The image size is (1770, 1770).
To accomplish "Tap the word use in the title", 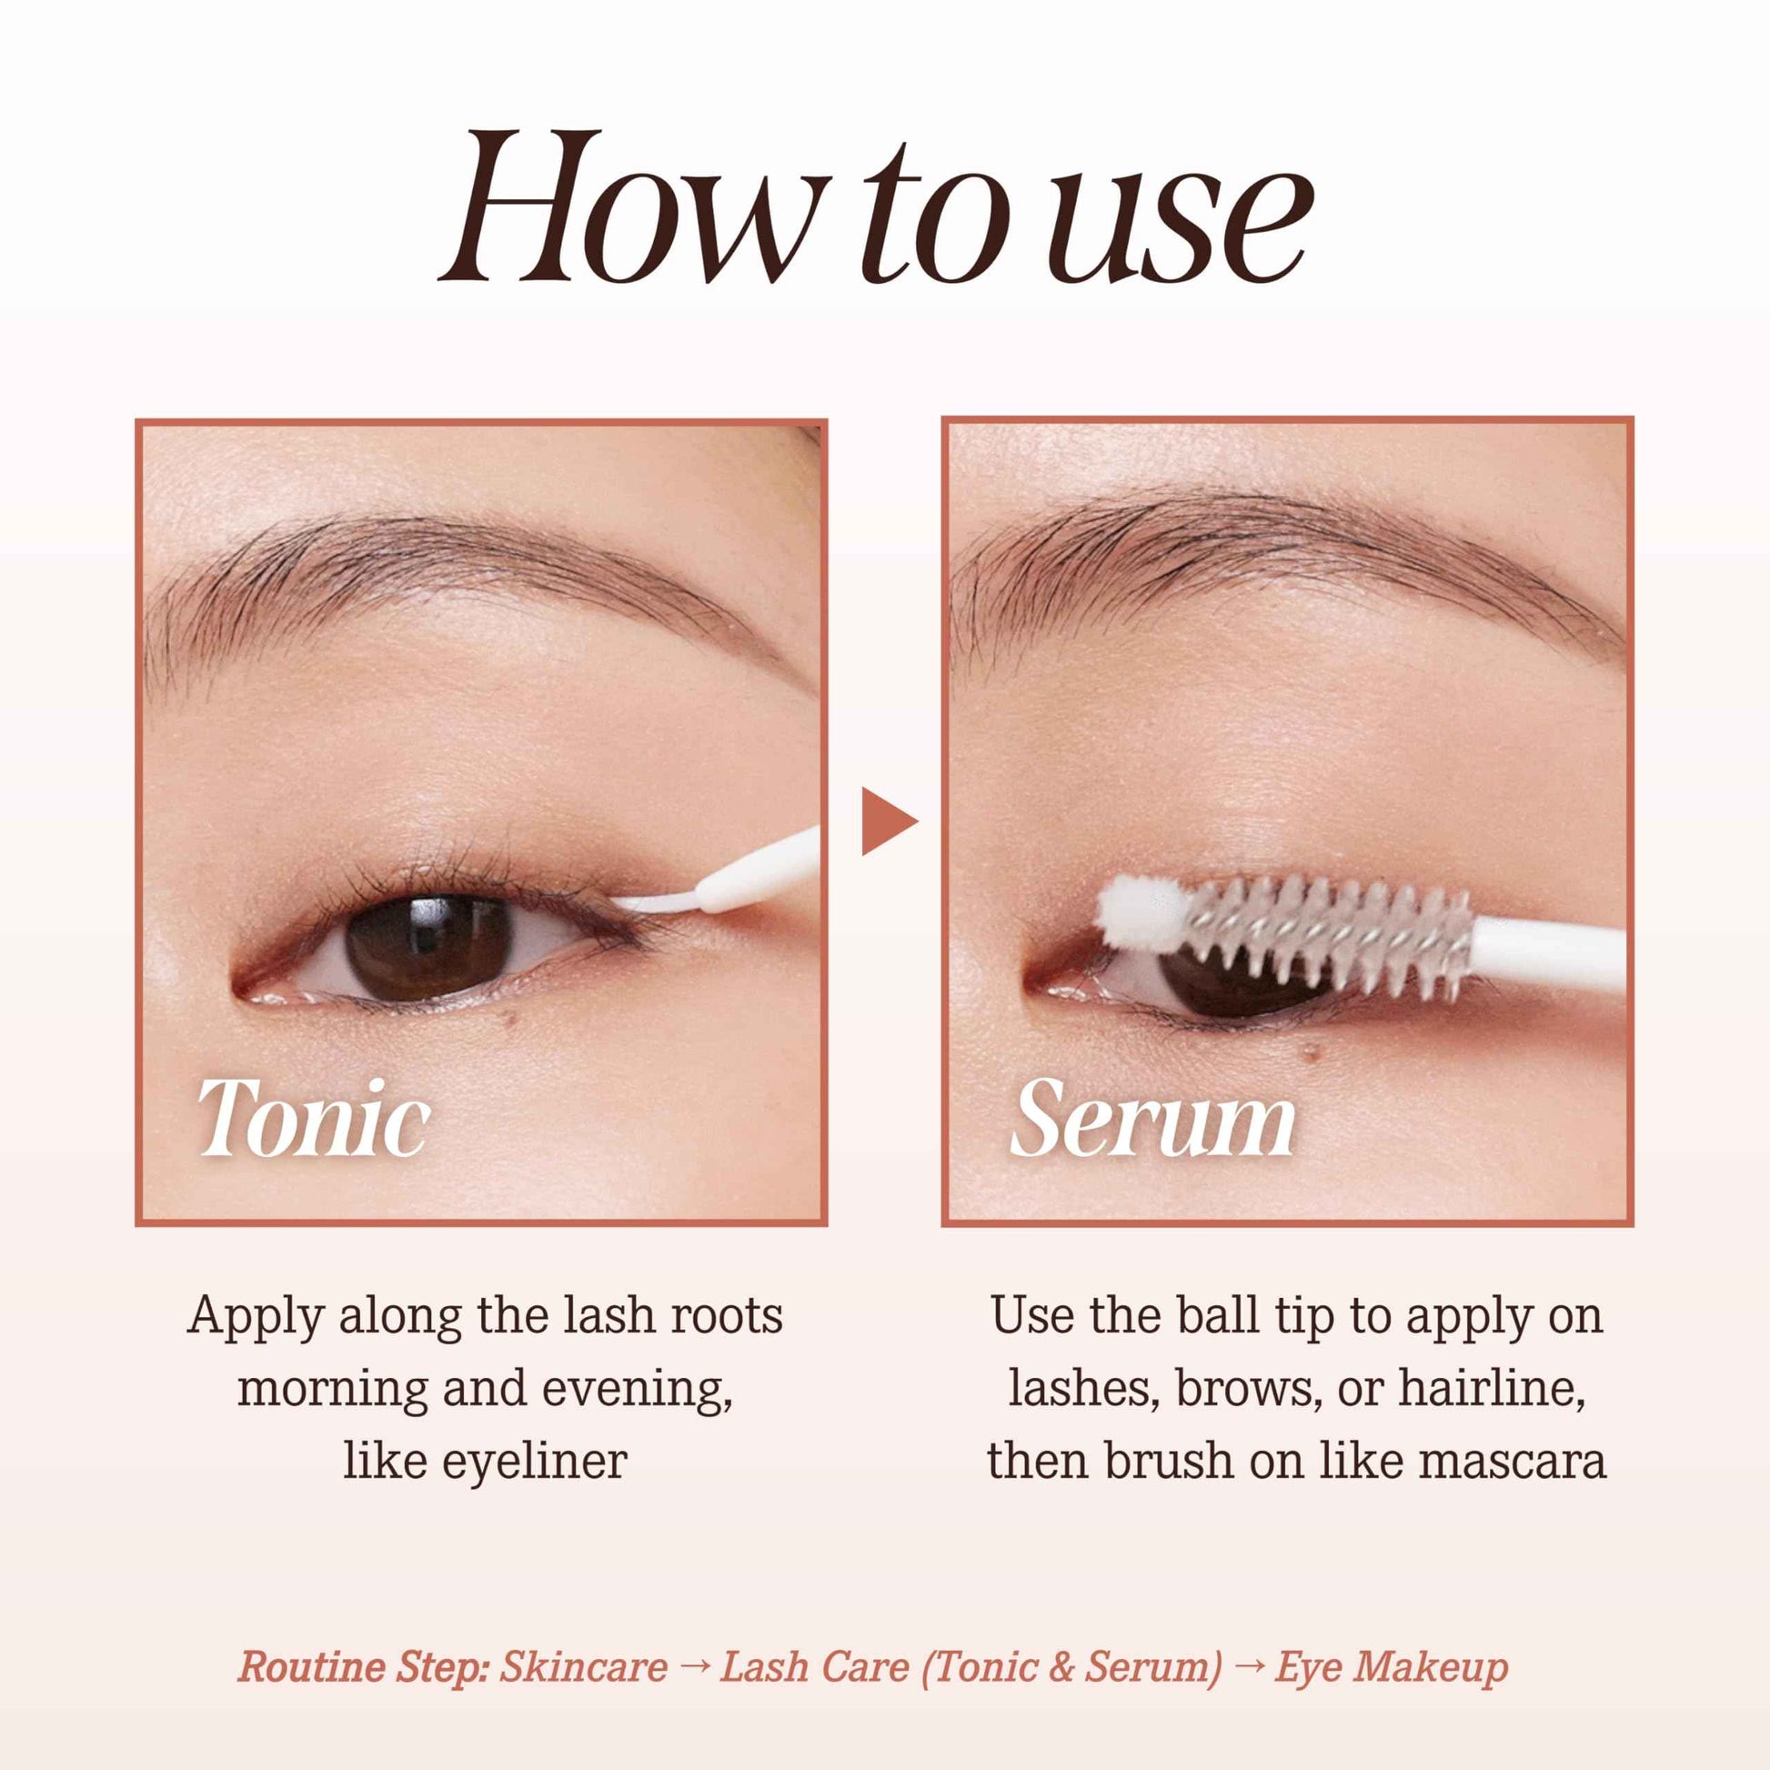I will pyautogui.click(x=1182, y=225).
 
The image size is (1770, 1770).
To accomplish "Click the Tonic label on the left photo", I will pyautogui.click(x=313, y=1120).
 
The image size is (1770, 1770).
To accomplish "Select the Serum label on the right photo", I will pyautogui.click(x=1152, y=1120).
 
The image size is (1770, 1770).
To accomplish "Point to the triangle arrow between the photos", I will pyautogui.click(x=886, y=820).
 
